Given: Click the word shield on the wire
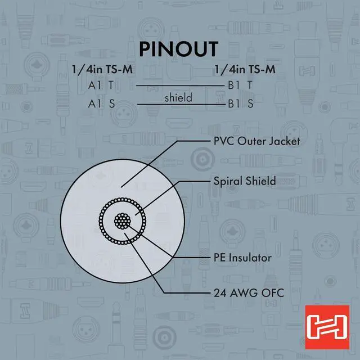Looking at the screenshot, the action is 178,98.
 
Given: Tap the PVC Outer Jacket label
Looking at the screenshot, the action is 257,141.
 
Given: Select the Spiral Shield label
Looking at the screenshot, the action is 245,181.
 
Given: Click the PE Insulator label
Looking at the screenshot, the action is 242,258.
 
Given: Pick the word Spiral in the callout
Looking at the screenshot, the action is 227,181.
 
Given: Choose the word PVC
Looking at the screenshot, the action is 224,141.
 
